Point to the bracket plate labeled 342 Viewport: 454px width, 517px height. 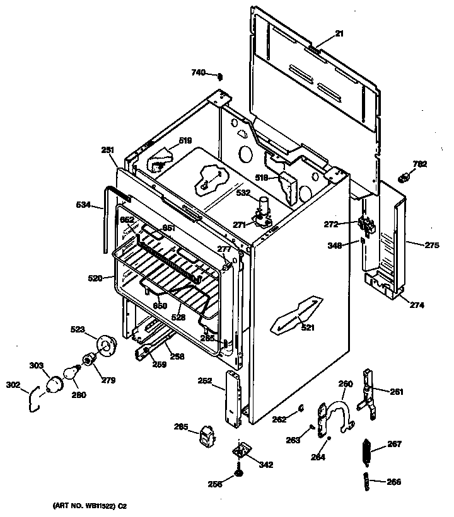point(242,450)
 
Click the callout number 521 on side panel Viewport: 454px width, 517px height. point(308,327)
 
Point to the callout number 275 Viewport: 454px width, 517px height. point(432,246)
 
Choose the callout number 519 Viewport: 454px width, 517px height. point(185,140)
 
